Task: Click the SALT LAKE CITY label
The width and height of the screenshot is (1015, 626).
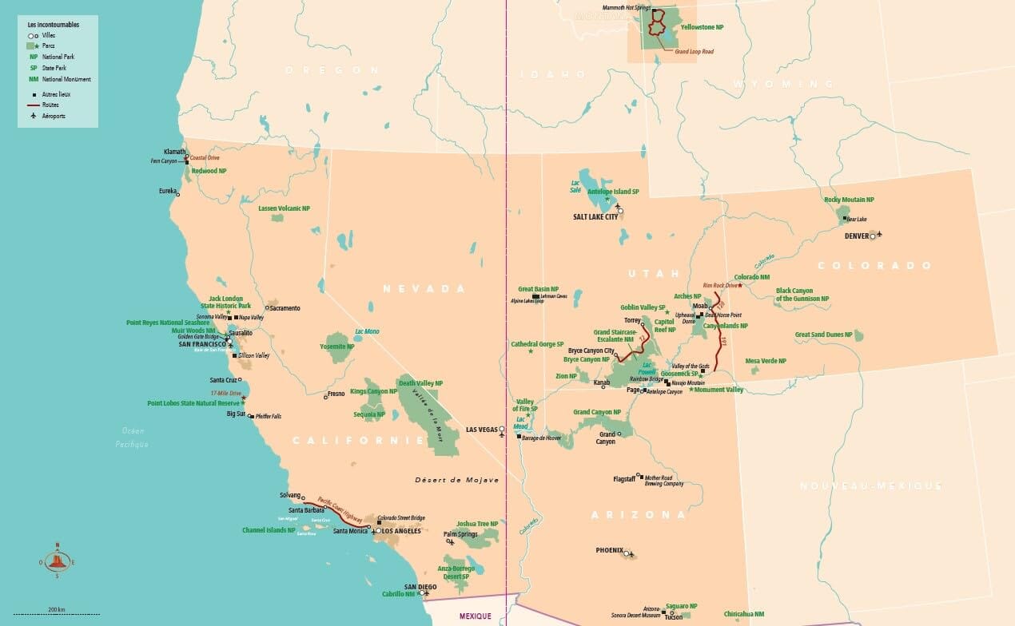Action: pos(595,216)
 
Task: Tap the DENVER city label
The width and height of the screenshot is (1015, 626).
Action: pos(855,236)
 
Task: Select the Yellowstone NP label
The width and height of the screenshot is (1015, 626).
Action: pos(702,27)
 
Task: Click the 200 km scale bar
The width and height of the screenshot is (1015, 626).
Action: pos(55,613)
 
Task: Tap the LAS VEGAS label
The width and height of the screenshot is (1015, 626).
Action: pos(481,430)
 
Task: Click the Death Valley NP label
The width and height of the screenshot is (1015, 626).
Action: pos(420,383)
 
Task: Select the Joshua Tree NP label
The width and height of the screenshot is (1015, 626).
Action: pos(477,524)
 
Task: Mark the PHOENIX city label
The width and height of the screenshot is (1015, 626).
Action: pos(609,550)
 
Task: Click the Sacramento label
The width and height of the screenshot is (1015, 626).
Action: pos(285,307)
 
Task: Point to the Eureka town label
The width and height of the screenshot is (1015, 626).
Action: pos(167,192)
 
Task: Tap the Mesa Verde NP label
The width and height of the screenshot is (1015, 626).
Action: pos(766,361)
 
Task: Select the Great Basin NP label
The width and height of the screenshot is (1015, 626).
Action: pos(538,289)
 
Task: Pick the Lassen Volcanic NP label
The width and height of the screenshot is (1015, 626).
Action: pos(284,208)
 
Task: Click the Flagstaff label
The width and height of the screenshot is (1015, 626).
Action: pos(623,479)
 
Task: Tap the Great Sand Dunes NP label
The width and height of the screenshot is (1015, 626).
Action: pos(823,335)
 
